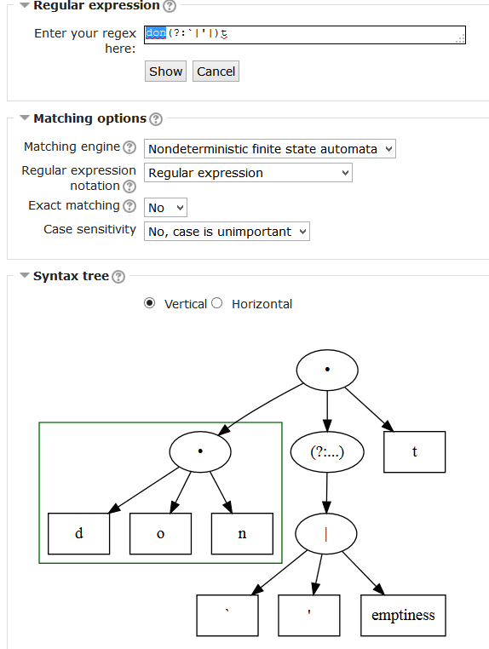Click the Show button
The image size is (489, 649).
click(x=165, y=72)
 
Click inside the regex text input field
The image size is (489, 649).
click(x=305, y=35)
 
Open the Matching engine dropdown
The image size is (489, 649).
click(x=269, y=148)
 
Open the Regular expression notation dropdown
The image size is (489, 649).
click(x=248, y=173)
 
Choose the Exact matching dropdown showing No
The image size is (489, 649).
click(x=165, y=207)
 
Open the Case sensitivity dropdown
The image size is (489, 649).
click(x=227, y=232)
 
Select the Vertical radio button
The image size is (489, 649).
click(x=149, y=303)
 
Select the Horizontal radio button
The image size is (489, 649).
click(x=217, y=303)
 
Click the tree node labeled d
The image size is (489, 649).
click(x=78, y=533)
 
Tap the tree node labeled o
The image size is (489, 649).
click(x=161, y=533)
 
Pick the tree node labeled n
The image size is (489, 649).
click(x=242, y=533)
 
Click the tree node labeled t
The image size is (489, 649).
click(x=415, y=452)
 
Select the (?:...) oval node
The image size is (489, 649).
click(x=327, y=452)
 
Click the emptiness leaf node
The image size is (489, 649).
click(x=403, y=616)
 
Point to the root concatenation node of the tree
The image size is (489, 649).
click(x=327, y=370)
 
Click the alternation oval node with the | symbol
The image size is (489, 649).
click(x=326, y=534)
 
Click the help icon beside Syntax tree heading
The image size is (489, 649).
click(x=118, y=277)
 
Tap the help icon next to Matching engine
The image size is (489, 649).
click(x=129, y=147)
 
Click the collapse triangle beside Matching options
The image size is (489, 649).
click(x=25, y=118)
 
